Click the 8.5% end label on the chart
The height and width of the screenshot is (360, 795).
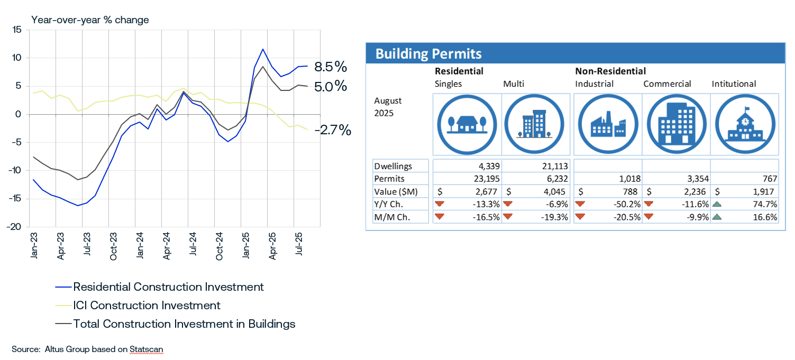330,67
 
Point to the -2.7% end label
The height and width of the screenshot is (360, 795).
335,130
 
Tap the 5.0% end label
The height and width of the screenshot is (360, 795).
330,86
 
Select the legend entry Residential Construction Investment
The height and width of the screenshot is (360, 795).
168,287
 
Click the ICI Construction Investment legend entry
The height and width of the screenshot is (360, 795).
147,305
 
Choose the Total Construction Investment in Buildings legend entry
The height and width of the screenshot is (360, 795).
184,324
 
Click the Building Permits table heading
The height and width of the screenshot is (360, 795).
428,53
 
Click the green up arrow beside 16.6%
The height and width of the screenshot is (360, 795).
718,217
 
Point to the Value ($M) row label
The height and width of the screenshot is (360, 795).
395,192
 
